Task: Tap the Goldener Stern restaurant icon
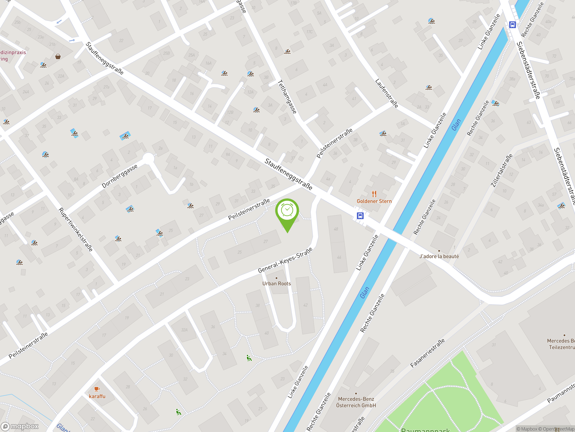(x=374, y=194)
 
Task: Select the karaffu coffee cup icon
(x=97, y=389)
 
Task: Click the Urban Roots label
(x=276, y=283)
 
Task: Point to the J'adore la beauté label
(x=439, y=256)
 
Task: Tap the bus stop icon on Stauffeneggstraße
(x=360, y=216)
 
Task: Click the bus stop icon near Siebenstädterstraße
(x=512, y=25)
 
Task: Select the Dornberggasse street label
(x=119, y=176)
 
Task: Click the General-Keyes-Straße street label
(x=285, y=260)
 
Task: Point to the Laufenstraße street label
(x=387, y=93)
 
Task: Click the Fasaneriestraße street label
(x=427, y=353)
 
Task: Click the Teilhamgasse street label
(x=287, y=97)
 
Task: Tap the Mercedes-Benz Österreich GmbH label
(x=356, y=402)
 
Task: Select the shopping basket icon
(x=58, y=56)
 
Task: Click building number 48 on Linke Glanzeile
(x=336, y=229)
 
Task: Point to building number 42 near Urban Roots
(x=305, y=305)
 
